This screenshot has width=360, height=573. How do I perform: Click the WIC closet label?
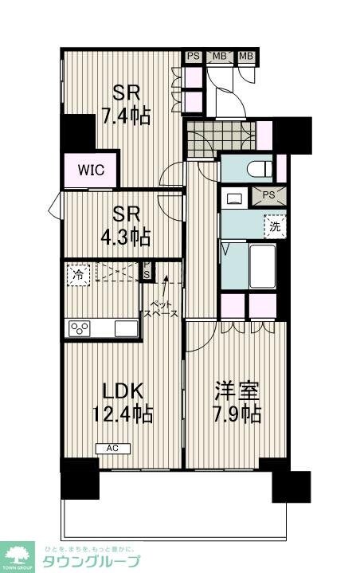coord(92,170)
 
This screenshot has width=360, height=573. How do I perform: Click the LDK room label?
coord(122,391)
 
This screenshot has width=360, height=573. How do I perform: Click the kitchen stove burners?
coord(80,328)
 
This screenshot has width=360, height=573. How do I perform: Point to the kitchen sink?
coord(126,328)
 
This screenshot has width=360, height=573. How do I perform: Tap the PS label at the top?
coord(193,56)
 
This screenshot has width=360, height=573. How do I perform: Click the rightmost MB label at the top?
coord(246,56)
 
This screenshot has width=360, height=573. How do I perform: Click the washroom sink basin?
coord(235,197)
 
